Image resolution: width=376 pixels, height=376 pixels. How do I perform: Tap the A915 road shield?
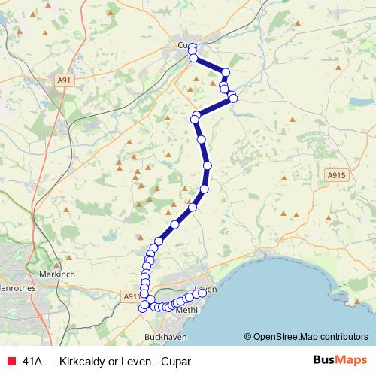336,174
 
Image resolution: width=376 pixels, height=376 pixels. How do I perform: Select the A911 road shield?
130,297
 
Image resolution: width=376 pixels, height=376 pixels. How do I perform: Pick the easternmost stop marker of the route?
233,99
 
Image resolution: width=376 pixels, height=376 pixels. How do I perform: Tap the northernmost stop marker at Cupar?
192,47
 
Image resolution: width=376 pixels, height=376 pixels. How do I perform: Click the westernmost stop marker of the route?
142,307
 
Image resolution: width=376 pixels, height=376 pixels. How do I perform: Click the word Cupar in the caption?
176,362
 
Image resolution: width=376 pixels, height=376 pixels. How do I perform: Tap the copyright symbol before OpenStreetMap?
248,337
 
